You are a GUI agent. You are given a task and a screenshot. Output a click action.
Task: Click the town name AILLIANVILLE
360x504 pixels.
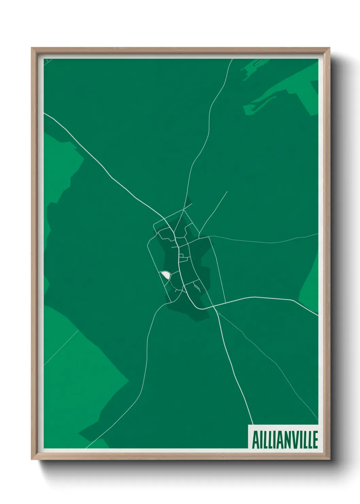284,440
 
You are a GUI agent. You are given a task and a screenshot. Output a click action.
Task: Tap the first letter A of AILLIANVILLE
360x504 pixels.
255,440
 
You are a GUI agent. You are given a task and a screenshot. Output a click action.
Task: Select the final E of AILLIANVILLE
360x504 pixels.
315,440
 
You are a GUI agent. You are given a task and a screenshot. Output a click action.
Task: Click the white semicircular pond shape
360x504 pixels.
165,274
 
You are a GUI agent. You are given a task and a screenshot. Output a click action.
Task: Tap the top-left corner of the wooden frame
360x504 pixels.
32,48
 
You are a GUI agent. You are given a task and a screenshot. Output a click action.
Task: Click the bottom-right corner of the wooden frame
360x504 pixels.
330,459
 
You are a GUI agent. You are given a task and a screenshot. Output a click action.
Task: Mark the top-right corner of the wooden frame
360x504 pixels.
330,48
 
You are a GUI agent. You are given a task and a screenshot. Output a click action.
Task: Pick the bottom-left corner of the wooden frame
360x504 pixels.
32,459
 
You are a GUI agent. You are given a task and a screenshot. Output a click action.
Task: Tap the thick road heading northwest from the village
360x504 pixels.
102,163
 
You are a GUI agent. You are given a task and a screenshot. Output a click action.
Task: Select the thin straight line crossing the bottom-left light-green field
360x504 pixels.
61,347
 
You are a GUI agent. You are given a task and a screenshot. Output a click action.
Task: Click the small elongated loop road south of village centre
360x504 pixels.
197,288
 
